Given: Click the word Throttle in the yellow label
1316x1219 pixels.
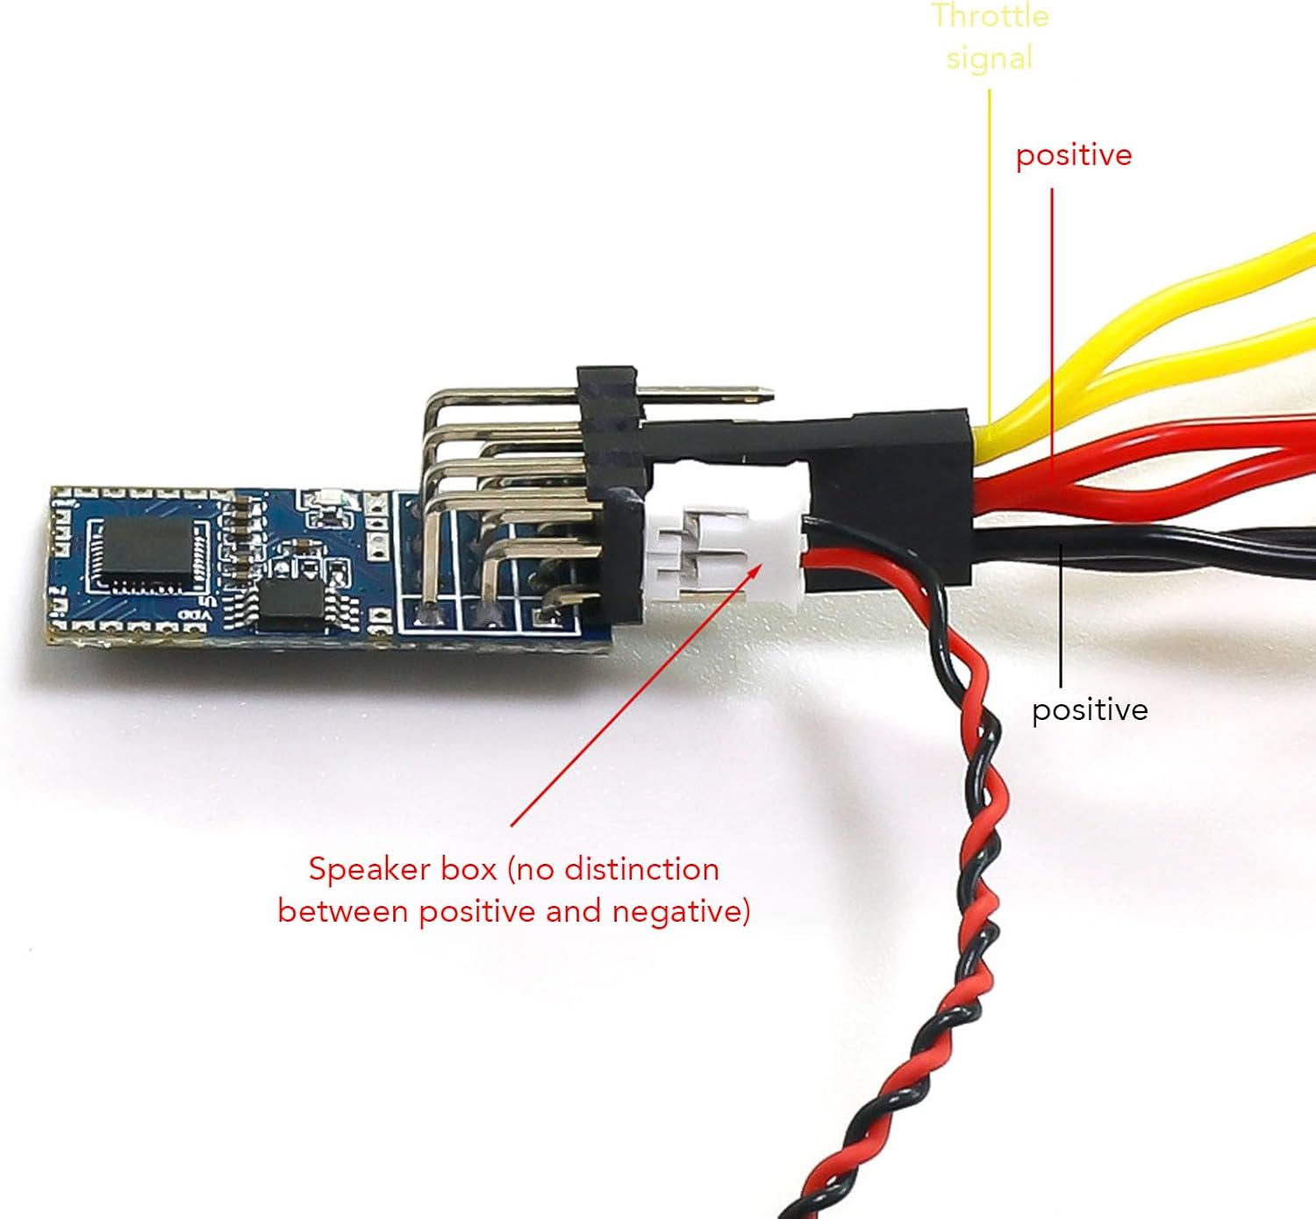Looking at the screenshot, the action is point(990,16).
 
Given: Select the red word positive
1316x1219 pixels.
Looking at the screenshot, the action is point(1074,156).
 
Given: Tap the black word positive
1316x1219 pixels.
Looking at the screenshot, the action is point(1090,711).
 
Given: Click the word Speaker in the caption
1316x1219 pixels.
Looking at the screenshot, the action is point(402,871).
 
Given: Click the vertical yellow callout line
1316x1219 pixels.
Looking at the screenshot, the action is point(990,265).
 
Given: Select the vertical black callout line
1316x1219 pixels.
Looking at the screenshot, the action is point(1061,617).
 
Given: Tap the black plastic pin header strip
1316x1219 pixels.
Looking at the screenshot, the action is point(610,494).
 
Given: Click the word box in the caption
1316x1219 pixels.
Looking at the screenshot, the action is point(468,869).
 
